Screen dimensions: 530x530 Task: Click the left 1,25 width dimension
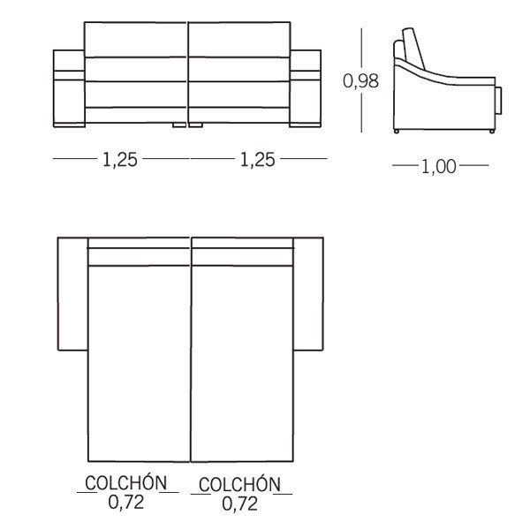point(120,160)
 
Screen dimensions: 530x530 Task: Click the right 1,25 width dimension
point(258,160)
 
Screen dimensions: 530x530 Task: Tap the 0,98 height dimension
point(360,81)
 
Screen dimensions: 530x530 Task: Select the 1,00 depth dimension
point(439,167)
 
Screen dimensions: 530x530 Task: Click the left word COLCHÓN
point(126,482)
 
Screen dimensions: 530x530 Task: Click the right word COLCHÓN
point(240,484)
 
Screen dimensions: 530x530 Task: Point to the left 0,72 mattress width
point(126,503)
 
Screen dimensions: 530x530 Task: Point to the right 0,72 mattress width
point(240,504)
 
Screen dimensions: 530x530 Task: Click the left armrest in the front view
point(69,88)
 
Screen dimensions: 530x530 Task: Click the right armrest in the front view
point(306,88)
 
